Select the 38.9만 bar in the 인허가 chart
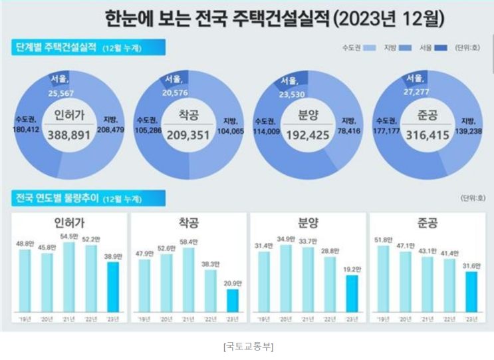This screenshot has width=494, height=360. tap(114, 286)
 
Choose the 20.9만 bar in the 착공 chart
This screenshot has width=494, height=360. tap(232, 300)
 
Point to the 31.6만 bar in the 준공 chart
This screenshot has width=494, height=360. tap(471, 291)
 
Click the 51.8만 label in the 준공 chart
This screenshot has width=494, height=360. tap(382, 240)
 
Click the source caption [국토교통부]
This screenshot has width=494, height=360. tap(247, 347)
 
